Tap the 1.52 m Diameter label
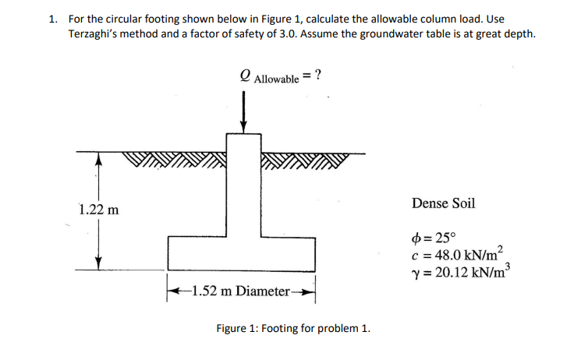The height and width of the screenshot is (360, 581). (x=241, y=291)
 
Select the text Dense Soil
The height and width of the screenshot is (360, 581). (x=442, y=203)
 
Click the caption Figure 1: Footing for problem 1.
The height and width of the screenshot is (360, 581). (x=292, y=327)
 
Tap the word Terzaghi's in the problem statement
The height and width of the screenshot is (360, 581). (x=95, y=34)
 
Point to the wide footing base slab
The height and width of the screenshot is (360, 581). (x=241, y=254)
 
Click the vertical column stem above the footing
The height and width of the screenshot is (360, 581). (x=244, y=187)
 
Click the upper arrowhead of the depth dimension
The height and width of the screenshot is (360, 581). (x=98, y=157)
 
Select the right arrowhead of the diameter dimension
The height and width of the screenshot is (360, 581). (x=310, y=291)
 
